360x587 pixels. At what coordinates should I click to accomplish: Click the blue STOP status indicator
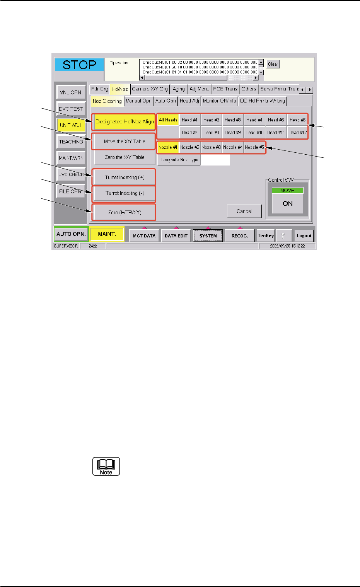[79, 65]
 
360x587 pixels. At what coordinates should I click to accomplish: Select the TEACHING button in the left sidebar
[71, 142]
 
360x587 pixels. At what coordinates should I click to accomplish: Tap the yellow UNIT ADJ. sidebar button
[71, 125]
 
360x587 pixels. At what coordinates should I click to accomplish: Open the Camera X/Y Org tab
[150, 89]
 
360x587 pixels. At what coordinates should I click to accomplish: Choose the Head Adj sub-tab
[189, 101]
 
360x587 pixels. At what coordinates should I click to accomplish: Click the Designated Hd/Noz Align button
[125, 121]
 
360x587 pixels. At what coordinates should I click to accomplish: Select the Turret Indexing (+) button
[125, 177]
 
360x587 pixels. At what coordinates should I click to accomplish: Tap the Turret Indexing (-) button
[125, 193]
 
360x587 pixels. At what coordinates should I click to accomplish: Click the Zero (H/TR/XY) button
[125, 212]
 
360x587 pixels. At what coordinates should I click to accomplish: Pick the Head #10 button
[254, 132]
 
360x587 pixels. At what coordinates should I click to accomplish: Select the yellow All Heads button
[168, 120]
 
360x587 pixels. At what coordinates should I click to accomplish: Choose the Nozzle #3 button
[211, 147]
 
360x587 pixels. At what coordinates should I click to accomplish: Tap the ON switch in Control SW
[288, 204]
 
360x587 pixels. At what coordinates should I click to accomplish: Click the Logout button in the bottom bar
[304, 235]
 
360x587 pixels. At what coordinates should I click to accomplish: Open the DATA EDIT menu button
[176, 235]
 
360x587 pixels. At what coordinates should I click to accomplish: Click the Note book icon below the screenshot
[106, 466]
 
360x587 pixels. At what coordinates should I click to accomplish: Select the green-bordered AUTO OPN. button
[71, 234]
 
